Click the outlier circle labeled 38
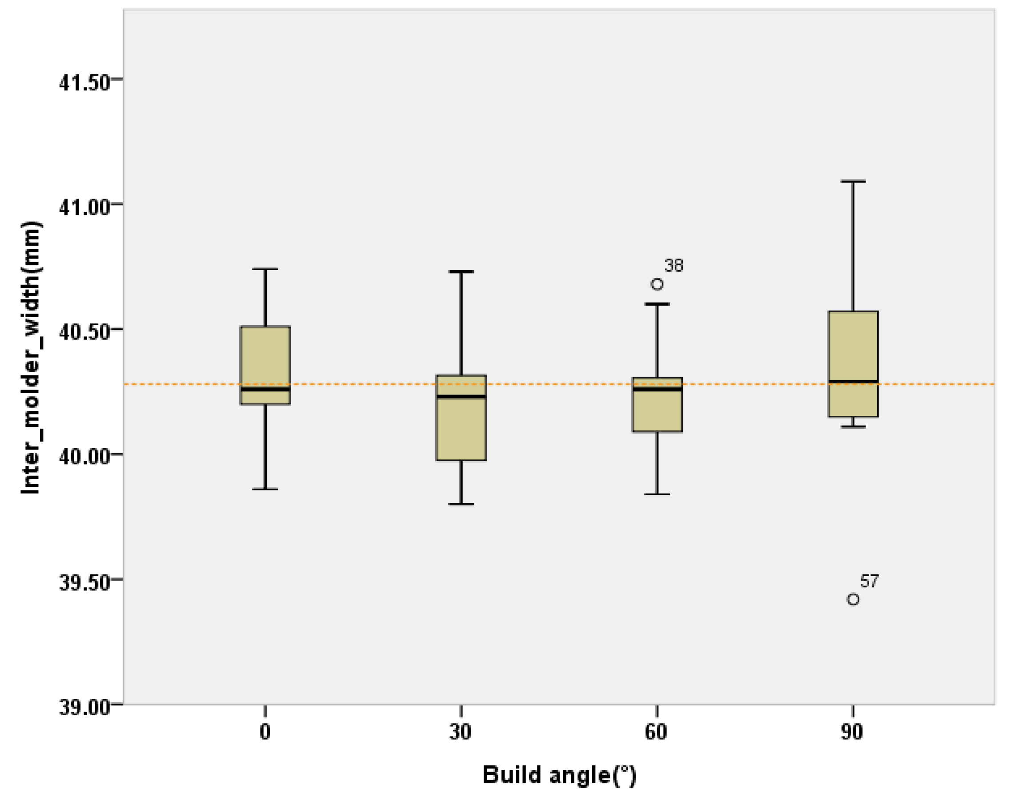tap(657, 284)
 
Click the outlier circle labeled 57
tap(853, 599)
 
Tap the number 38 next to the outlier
tap(673, 266)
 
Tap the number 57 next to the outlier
tap(869, 581)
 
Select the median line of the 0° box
tap(265, 389)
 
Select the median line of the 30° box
tap(461, 397)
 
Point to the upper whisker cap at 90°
tap(853, 181)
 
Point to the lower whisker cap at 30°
tap(461, 505)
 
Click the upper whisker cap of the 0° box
tap(265, 269)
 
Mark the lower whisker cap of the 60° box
tap(657, 494)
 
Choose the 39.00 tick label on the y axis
tap(84, 708)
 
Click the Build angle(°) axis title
tap(559, 775)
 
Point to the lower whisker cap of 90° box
tap(853, 427)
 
